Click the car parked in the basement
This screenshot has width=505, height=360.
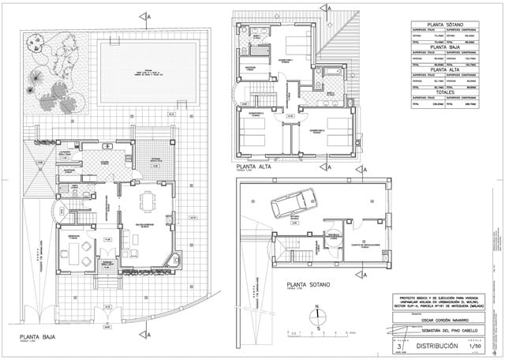293,204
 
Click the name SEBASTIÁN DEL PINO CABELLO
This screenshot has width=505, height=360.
439,332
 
